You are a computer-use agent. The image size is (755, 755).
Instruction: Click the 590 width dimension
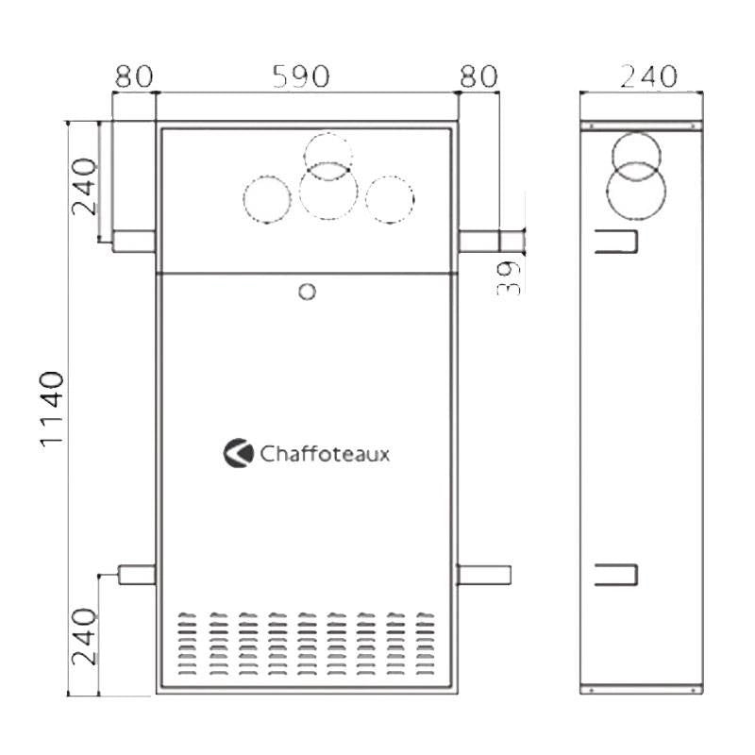pos(301,76)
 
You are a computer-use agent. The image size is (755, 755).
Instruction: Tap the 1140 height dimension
pos(52,410)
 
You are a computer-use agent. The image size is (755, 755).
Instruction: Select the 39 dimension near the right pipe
pos(509,277)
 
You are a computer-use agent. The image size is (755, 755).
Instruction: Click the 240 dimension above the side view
pos(648,76)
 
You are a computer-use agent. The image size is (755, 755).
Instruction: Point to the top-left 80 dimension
pos(134,76)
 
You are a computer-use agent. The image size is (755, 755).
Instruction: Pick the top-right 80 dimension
pos(478,76)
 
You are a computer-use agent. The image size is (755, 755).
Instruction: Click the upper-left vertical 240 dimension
pos(84,186)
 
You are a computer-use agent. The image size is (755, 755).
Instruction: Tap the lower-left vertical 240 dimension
pos(84,636)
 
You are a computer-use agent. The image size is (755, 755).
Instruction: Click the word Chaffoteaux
pos(325,454)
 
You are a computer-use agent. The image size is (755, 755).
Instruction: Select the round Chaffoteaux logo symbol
pos(239,453)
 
